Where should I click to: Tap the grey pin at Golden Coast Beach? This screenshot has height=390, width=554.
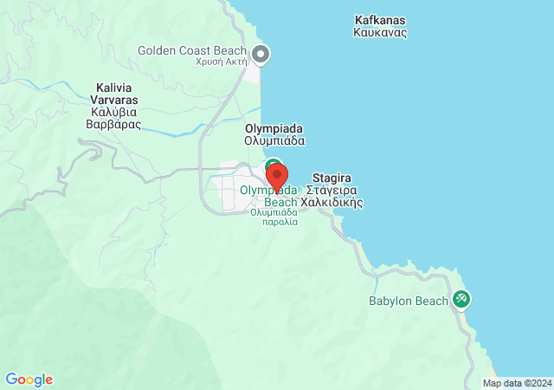(x=261, y=55)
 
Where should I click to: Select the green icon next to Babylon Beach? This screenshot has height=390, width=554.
(x=461, y=299)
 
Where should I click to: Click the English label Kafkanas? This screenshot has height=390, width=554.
(x=380, y=20)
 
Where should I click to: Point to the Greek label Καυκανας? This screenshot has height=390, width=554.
(x=380, y=33)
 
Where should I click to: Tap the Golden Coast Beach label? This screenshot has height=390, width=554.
(x=192, y=50)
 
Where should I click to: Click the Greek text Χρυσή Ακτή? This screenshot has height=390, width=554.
(x=222, y=62)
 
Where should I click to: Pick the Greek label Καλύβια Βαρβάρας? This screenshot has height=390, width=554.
(x=113, y=118)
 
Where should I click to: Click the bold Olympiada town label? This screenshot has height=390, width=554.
(x=274, y=127)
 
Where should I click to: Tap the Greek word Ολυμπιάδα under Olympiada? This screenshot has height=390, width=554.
(x=274, y=140)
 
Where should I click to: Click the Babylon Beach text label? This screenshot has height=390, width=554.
(x=409, y=302)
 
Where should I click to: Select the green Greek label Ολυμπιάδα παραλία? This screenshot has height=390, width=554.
(x=274, y=216)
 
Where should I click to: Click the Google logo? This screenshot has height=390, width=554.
(x=29, y=380)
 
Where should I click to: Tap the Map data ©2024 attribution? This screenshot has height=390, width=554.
(x=517, y=383)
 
